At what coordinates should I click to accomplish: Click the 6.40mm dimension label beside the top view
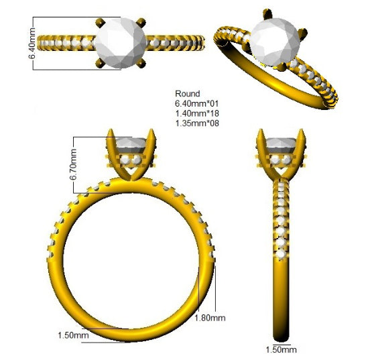point(32,43)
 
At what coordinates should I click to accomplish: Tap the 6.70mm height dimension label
point(73,165)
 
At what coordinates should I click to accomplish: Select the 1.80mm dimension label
point(210,318)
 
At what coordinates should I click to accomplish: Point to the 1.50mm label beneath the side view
point(282,350)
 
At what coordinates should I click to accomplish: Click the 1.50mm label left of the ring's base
point(73,335)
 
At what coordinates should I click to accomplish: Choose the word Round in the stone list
point(188,94)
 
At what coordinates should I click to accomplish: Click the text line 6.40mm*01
point(197,103)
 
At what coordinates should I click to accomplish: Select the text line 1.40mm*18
point(197,113)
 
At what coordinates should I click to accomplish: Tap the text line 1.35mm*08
point(197,123)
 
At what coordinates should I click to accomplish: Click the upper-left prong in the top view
point(101,23)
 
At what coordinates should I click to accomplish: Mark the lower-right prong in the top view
point(141,63)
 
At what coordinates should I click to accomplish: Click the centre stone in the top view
point(121,43)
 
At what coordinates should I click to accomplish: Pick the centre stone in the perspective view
point(275,42)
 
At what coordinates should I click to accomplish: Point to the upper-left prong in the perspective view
point(267,14)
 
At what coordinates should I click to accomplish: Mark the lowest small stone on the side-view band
point(281,255)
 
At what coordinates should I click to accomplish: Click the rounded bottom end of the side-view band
point(281,338)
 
